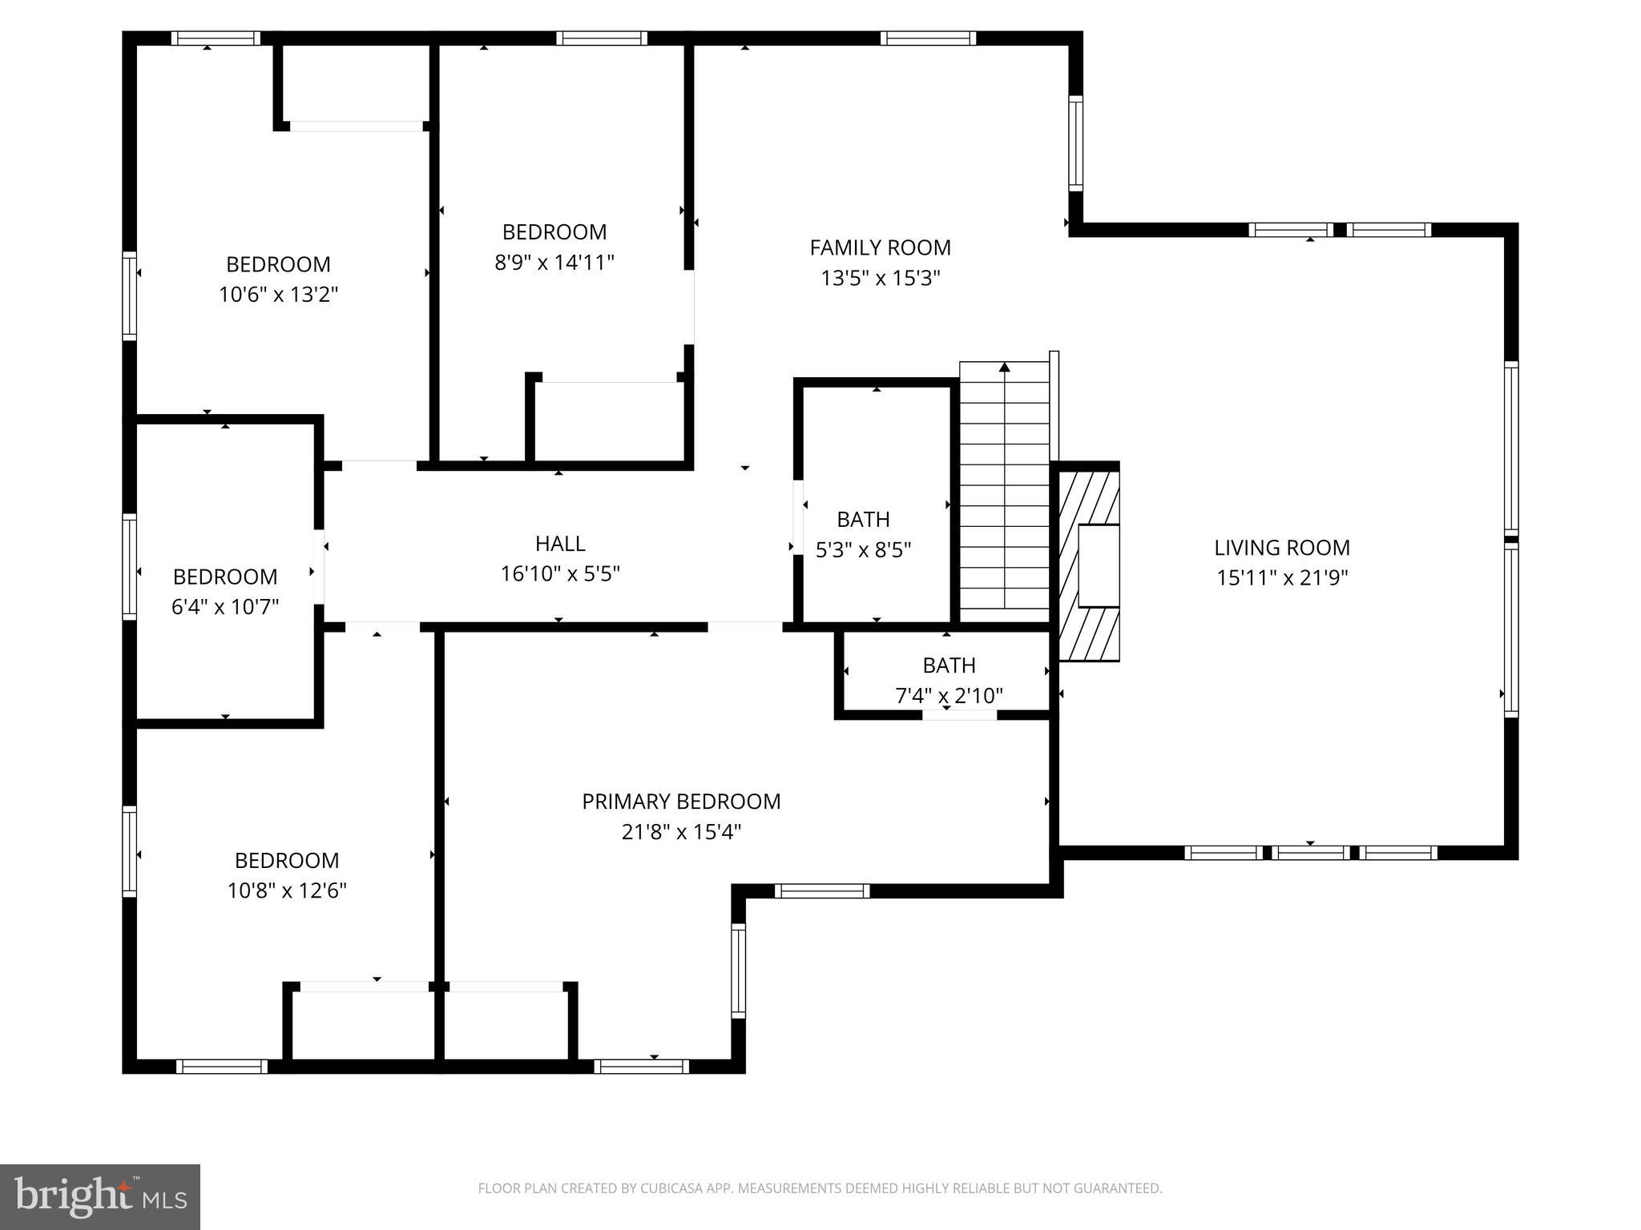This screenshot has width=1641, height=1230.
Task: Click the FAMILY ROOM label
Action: pyautogui.click(x=880, y=247)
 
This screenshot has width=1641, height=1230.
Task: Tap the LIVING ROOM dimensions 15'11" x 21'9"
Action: pyautogui.click(x=1282, y=578)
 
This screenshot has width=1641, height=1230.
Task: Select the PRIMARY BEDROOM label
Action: pyautogui.click(x=681, y=802)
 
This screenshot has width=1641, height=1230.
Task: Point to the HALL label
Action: pyautogui.click(x=560, y=544)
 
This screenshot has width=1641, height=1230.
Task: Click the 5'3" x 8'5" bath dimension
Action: pyautogui.click(x=863, y=550)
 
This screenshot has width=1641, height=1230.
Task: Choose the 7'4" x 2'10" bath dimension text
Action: pyautogui.click(x=949, y=696)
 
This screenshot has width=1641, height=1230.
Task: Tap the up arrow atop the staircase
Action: pyautogui.click(x=1004, y=368)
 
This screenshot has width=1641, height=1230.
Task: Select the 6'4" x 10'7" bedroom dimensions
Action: pyautogui.click(x=225, y=607)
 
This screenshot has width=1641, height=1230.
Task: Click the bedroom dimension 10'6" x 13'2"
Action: pyautogui.click(x=278, y=295)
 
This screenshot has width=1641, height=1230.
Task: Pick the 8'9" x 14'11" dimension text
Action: pyautogui.click(x=554, y=263)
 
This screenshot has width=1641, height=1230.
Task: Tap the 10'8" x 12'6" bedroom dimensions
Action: pyautogui.click(x=287, y=890)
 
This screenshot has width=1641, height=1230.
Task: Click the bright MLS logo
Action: pyautogui.click(x=100, y=1197)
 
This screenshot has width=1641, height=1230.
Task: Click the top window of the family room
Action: pyautogui.click(x=928, y=38)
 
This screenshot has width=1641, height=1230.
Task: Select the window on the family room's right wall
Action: pyautogui.click(x=1075, y=143)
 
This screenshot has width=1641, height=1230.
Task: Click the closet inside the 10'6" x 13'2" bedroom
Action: pyautogui.click(x=356, y=84)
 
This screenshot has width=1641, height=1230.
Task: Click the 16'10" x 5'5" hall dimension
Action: pyautogui.click(x=560, y=574)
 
